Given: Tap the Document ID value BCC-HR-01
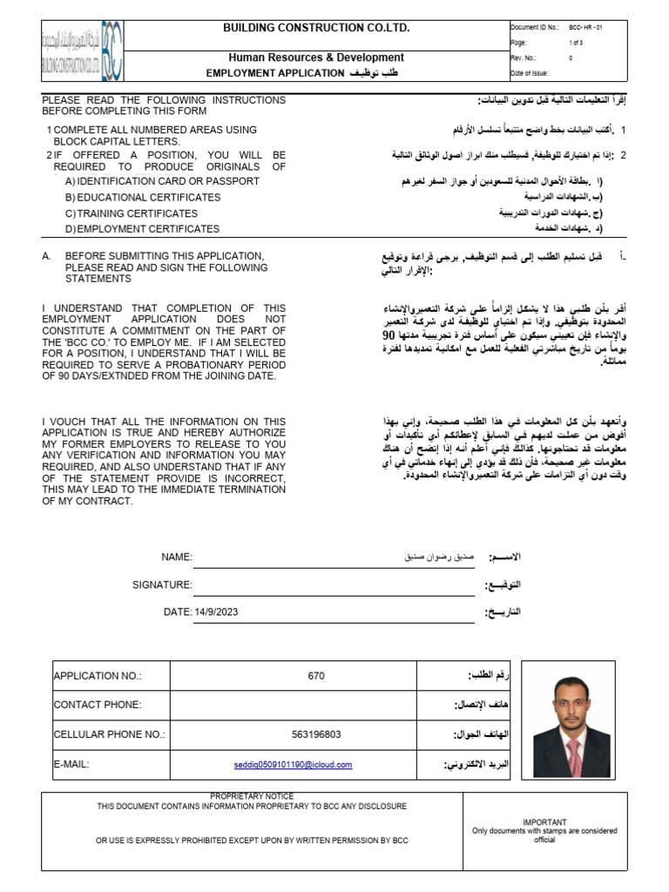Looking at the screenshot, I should tap(585, 28).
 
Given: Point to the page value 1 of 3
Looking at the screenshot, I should tap(576, 42).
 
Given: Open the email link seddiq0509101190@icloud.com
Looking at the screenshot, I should tap(293, 765).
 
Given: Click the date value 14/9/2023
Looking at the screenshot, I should tap(216, 612).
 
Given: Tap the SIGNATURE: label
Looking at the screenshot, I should tap(162, 585).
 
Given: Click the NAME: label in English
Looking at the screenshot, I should tap(176, 557).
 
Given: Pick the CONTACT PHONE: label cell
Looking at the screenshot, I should tap(98, 705).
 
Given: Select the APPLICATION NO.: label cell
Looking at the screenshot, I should tap(98, 675).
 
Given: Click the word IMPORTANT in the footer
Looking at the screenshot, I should tap(544, 821).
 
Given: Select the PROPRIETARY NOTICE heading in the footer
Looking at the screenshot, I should tap(252, 796).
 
